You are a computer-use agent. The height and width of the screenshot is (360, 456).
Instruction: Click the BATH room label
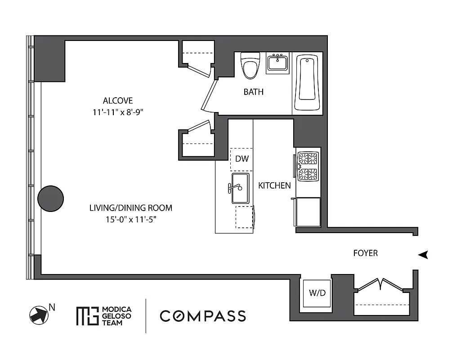coord(254,92)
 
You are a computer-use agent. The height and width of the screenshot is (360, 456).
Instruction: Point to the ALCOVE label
coord(118,101)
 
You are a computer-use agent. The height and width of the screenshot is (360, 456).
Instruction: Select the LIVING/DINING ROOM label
coord(131,208)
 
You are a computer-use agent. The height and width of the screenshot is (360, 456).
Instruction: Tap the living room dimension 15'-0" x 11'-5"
coord(131,219)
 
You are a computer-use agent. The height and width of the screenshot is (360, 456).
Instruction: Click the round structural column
coord(50,198)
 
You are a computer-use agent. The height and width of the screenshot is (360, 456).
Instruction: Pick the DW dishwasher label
coord(242,159)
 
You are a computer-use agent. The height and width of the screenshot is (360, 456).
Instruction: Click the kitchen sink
coord(240,188)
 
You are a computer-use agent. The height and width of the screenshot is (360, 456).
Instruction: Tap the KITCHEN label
coord(274,185)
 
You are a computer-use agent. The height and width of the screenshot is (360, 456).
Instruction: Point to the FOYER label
coord(365,253)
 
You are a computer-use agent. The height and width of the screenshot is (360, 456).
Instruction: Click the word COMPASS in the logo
coord(203,316)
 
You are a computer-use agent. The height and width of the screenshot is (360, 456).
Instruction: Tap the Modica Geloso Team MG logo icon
coord(87,316)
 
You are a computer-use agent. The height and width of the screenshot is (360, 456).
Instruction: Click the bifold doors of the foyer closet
coord(381,284)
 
